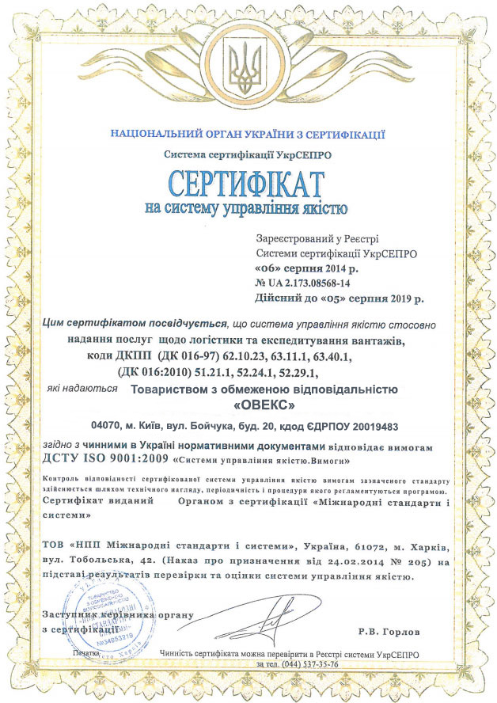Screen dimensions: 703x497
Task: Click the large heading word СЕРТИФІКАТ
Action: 247,184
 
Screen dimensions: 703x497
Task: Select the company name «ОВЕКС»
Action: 260,405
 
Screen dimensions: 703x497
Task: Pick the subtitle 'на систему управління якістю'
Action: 247,210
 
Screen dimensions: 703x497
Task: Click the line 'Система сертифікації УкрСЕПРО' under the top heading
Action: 248,155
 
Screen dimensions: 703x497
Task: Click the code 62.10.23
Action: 264,357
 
